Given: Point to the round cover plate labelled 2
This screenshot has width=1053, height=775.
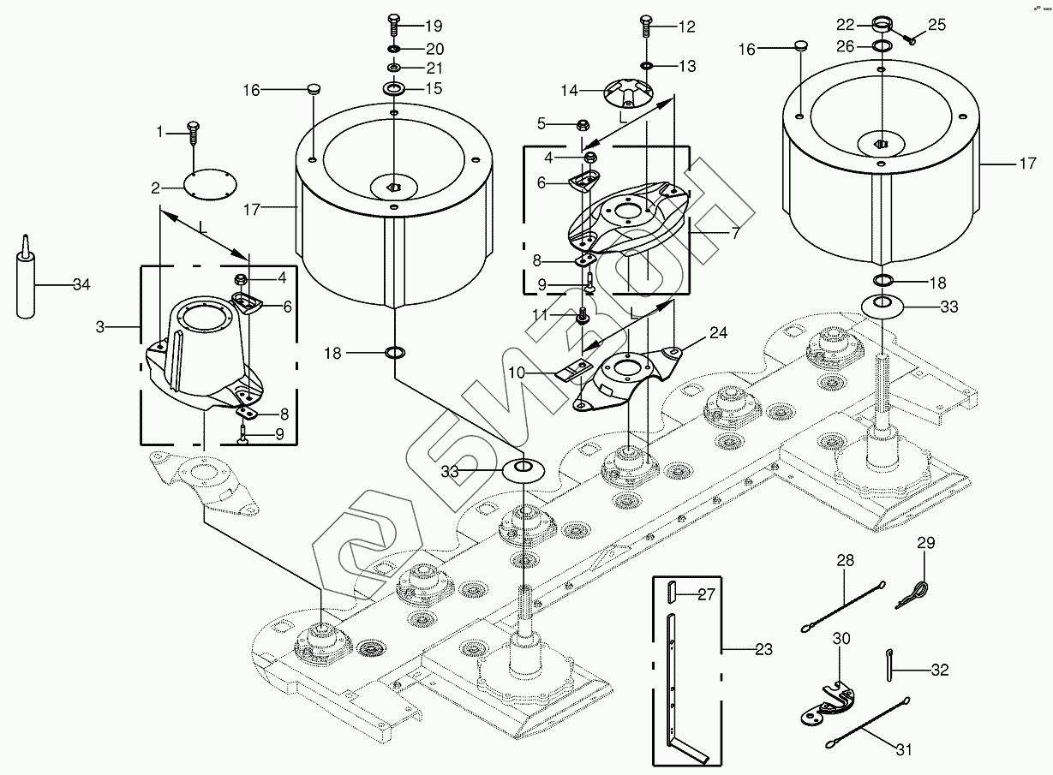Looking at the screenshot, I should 209,184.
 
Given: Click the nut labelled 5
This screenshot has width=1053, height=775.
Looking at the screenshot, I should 582,123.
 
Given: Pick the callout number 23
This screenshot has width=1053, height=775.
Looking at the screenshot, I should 763,650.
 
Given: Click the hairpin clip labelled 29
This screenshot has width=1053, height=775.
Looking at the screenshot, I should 917,592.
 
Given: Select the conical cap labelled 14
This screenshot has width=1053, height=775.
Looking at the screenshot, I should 628,92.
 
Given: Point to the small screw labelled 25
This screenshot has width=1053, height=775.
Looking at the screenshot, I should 911,37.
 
